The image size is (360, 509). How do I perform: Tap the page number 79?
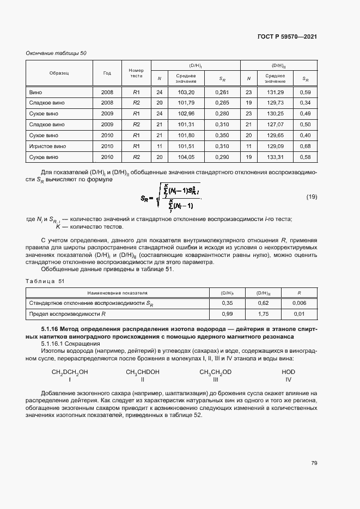pos(314,463)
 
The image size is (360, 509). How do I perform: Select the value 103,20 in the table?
pos(186,92)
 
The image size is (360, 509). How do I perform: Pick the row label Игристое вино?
pos(47,146)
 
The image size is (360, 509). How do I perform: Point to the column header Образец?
pos(58,73)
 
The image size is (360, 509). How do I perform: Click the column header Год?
pos(107,73)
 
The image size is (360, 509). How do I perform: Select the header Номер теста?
pos(136,73)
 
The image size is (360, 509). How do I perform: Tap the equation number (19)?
pos(312,197)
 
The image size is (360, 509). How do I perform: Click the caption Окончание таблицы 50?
pos(56,53)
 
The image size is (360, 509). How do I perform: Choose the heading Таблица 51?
pos(45,281)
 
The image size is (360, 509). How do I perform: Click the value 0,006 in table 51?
pos(299,303)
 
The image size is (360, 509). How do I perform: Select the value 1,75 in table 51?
pos(263,314)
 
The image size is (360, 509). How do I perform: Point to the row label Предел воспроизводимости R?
pos(67,314)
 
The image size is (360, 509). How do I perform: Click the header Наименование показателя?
pos(118,292)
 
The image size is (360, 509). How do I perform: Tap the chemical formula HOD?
pos(288,372)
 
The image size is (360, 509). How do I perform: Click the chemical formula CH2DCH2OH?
pos(69,372)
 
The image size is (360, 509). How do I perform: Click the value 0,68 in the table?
pos(306,146)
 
